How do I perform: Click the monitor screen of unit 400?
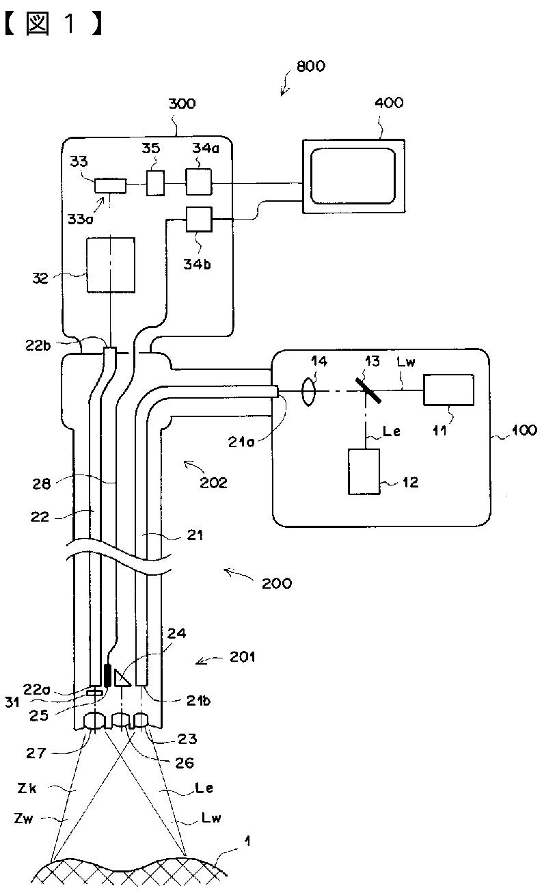tap(353, 176)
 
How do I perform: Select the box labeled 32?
tap(111, 265)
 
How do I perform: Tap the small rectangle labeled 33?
tap(110, 186)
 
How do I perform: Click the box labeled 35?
tap(155, 183)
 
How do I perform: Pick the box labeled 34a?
tap(198, 182)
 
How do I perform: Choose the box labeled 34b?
tap(199, 219)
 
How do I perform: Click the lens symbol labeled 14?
tap(308, 392)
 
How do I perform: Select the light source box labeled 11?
tap(448, 390)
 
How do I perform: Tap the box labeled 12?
tap(364, 472)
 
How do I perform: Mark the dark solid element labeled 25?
tap(107, 676)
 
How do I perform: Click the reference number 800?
tap(311, 66)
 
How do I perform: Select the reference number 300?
tap(182, 104)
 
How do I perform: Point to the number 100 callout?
tap(524, 430)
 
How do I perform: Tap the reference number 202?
tap(213, 483)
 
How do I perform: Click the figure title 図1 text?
tap(54, 24)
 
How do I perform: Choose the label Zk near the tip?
tap(27, 788)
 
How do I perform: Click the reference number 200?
tap(276, 583)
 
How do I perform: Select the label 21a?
tap(241, 442)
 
